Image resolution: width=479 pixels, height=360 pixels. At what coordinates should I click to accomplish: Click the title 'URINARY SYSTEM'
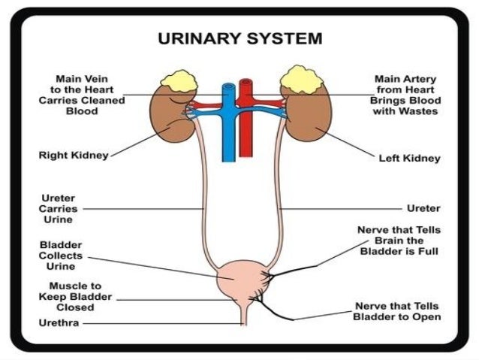[x=239, y=37]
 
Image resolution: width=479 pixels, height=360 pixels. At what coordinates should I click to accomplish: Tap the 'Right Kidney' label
[x=74, y=156]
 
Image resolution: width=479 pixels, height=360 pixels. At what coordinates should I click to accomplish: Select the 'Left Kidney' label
[x=410, y=159]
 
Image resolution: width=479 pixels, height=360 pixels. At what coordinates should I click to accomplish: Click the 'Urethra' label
[x=59, y=324]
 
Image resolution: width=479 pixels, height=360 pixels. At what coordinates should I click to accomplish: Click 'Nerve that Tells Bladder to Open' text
[x=397, y=311]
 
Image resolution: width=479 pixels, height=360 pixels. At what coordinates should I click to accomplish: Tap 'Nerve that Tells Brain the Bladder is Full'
[x=398, y=241]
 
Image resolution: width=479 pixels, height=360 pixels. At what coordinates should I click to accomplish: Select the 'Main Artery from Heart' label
[x=405, y=94]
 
